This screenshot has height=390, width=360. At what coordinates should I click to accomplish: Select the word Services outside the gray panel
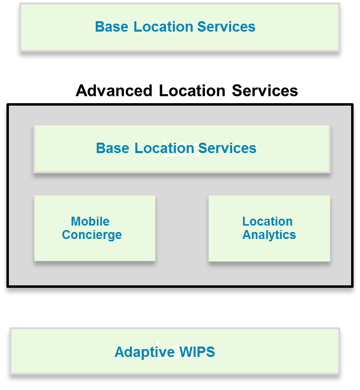(x=226, y=27)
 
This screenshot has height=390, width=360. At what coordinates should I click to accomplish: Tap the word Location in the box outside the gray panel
(x=163, y=27)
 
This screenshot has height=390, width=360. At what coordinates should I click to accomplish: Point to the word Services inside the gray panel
(x=227, y=148)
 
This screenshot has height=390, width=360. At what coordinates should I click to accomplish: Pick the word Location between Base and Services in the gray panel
(x=164, y=148)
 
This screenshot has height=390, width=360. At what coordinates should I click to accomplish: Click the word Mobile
(x=90, y=221)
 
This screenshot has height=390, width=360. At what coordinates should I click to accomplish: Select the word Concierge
(x=92, y=234)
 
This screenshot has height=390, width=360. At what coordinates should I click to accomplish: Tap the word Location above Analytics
(x=268, y=221)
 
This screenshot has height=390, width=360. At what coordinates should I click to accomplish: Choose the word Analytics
(x=269, y=234)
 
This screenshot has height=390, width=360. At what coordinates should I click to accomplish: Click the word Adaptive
(x=145, y=352)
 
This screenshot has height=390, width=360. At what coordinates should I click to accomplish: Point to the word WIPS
(x=197, y=352)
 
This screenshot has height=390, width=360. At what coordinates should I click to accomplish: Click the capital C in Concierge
(x=66, y=234)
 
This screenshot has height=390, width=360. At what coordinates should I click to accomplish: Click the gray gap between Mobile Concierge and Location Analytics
(x=182, y=228)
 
